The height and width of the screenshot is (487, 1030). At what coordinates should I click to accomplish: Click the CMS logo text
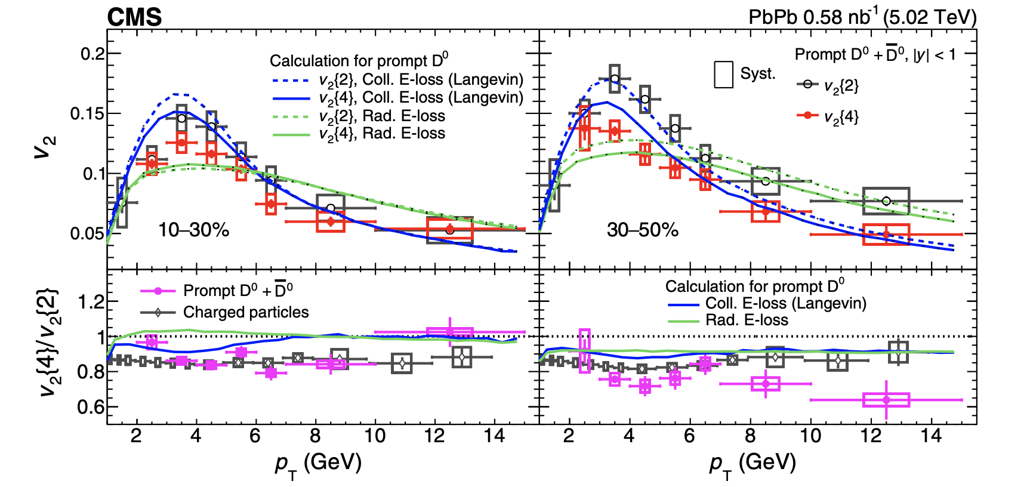point(134,17)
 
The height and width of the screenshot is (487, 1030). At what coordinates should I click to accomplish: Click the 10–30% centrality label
point(193,230)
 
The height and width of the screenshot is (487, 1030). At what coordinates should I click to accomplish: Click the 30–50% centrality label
point(642,230)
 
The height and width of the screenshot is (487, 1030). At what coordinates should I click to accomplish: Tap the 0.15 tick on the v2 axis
point(87,113)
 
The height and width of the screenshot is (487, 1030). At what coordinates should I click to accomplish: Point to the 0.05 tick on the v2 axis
point(87,233)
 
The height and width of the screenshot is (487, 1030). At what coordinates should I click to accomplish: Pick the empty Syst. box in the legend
point(723,75)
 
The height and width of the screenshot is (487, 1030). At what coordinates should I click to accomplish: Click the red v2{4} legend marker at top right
point(807,115)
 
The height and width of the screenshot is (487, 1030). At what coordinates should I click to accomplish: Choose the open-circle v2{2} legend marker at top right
point(807,84)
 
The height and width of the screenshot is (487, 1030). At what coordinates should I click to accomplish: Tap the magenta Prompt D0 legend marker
point(158,291)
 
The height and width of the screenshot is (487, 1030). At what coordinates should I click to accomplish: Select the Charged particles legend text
point(246,312)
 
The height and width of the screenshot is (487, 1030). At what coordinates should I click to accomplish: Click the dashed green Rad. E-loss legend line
point(291,116)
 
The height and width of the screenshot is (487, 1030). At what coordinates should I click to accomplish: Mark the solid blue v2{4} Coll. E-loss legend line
point(291,98)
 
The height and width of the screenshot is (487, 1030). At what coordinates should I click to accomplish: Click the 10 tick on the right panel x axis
point(810,436)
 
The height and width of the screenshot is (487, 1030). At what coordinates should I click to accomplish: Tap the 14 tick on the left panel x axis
point(494,436)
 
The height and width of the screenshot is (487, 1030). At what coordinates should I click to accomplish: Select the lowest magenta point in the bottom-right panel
point(886,399)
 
